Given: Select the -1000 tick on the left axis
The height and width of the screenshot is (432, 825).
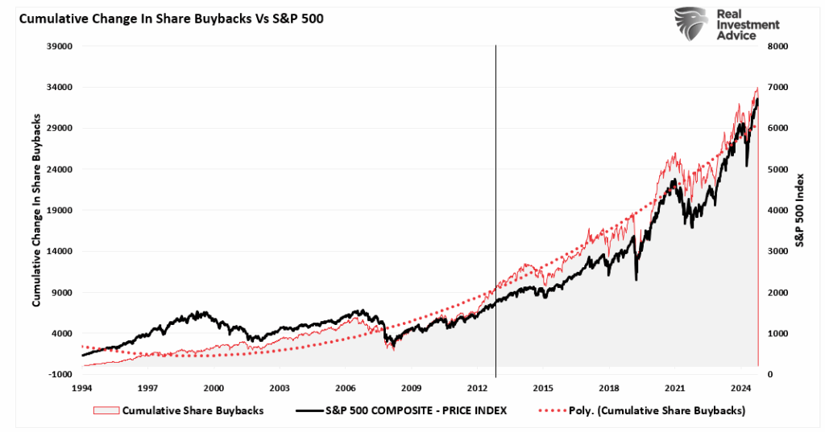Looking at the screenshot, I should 62,374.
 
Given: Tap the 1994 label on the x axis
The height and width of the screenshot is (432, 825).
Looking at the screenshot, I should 82,388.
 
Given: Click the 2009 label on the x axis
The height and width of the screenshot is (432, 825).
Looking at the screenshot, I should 411,388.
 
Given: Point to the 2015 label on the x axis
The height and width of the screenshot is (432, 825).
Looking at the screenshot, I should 543,388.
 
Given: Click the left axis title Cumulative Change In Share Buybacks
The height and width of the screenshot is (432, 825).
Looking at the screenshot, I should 36,209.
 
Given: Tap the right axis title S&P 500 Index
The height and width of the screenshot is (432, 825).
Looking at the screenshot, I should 800,209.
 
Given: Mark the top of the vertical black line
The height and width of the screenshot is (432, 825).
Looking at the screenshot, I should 495,47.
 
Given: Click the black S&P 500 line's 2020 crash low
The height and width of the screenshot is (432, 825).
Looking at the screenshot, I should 636,279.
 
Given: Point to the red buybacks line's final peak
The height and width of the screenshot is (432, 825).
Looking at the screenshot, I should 757,88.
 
